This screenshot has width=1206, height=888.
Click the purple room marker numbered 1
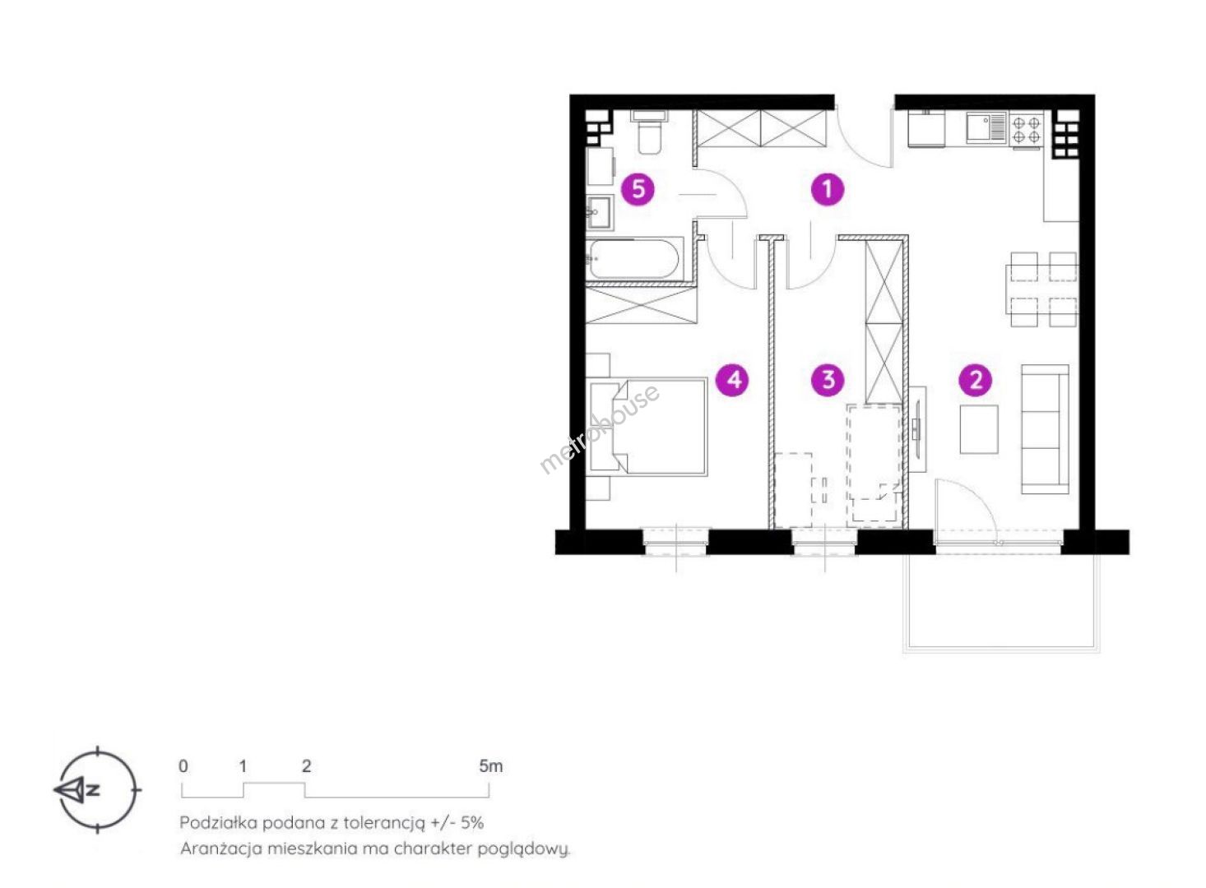(x=828, y=189)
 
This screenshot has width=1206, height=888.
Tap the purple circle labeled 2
(x=976, y=381)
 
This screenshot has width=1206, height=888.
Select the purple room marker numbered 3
(x=828, y=380)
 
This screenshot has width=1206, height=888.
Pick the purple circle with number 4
(x=733, y=380)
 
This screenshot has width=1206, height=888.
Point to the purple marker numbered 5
(x=638, y=189)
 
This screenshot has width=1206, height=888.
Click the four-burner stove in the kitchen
(x=1026, y=129)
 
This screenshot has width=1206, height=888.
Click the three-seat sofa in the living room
(x=1045, y=429)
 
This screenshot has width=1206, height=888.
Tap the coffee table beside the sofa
(x=979, y=429)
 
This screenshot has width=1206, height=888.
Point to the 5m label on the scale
(x=491, y=765)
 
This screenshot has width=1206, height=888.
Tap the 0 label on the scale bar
(x=183, y=765)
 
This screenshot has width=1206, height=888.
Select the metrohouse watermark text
(x=599, y=429)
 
